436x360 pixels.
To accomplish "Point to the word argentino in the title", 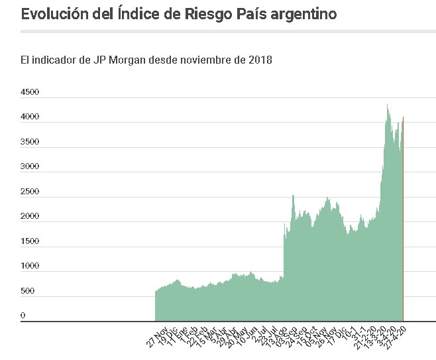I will pos(305,13).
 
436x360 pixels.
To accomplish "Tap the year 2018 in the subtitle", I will pos(258,60).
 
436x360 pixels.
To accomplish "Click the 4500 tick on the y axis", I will pos(30,92).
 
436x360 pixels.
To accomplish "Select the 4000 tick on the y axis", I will pos(30,117).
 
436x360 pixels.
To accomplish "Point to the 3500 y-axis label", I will pos(30,142).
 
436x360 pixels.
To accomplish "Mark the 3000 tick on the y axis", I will pos(30,166).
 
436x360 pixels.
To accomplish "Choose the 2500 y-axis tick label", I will pos(30,192).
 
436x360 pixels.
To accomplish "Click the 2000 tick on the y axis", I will pos(30,216).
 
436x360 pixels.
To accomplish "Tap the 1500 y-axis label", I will pos(30,241).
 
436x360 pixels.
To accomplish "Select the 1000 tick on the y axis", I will pos(30,266).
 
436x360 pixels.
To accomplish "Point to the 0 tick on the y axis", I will pos(23,316).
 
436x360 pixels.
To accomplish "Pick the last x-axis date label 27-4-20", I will pos(402,334).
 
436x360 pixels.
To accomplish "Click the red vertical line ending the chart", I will pos(403,219).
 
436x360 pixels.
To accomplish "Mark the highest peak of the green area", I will pos(388,105).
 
